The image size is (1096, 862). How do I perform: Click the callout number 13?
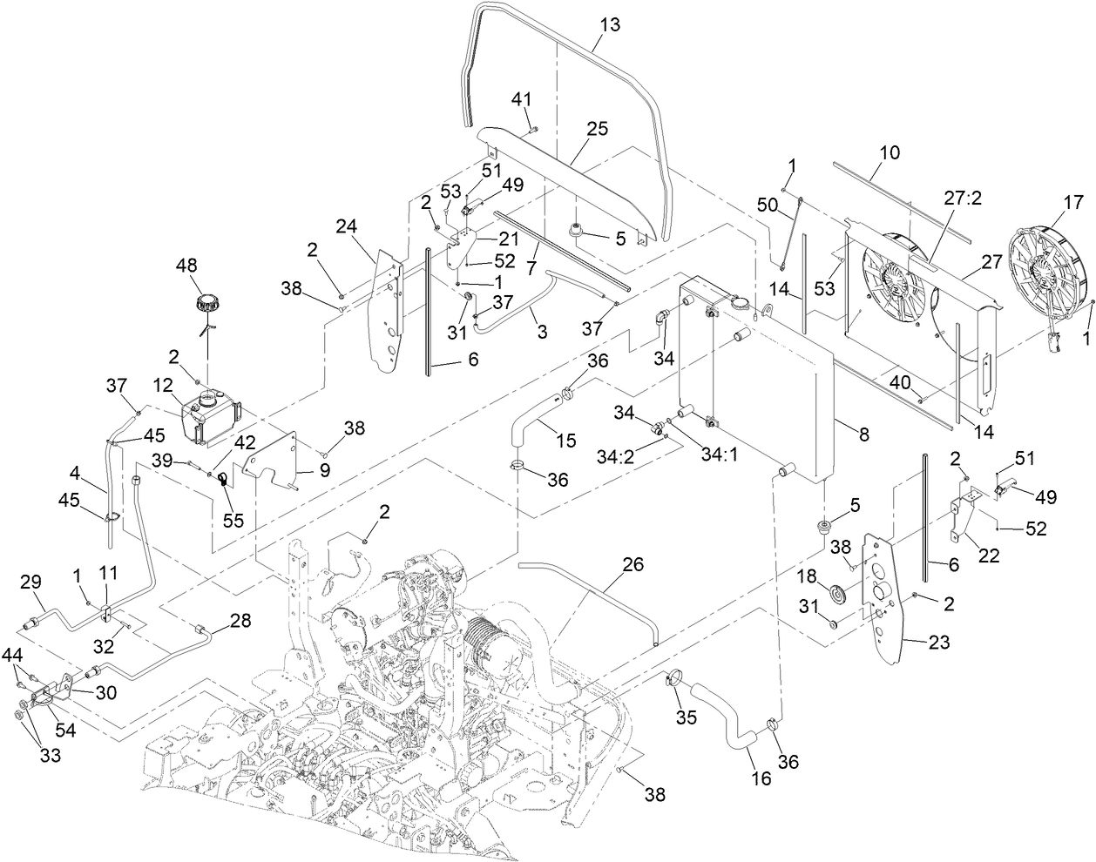610,24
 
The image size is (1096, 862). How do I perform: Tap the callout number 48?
187,264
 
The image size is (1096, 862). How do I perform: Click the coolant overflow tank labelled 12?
207,415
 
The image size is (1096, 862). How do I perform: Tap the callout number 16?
761,778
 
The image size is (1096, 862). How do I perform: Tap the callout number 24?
348,228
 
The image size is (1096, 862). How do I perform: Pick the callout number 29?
30,580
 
